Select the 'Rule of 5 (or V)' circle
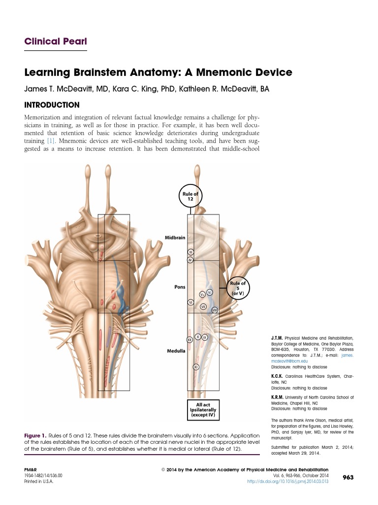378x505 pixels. tap(241, 288)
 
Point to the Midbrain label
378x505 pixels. tap(175, 237)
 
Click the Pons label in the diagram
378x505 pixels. tap(180, 286)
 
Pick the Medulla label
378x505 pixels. tap(176, 351)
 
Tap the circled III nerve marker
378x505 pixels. tap(190, 252)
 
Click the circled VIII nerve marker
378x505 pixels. tap(215, 310)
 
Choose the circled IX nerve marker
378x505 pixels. tap(205, 337)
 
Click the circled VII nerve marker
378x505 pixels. tap(203, 306)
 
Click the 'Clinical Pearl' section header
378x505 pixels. tap(56, 41)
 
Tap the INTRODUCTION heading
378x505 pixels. tap(52, 105)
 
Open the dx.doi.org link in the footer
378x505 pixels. tap(287, 481)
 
